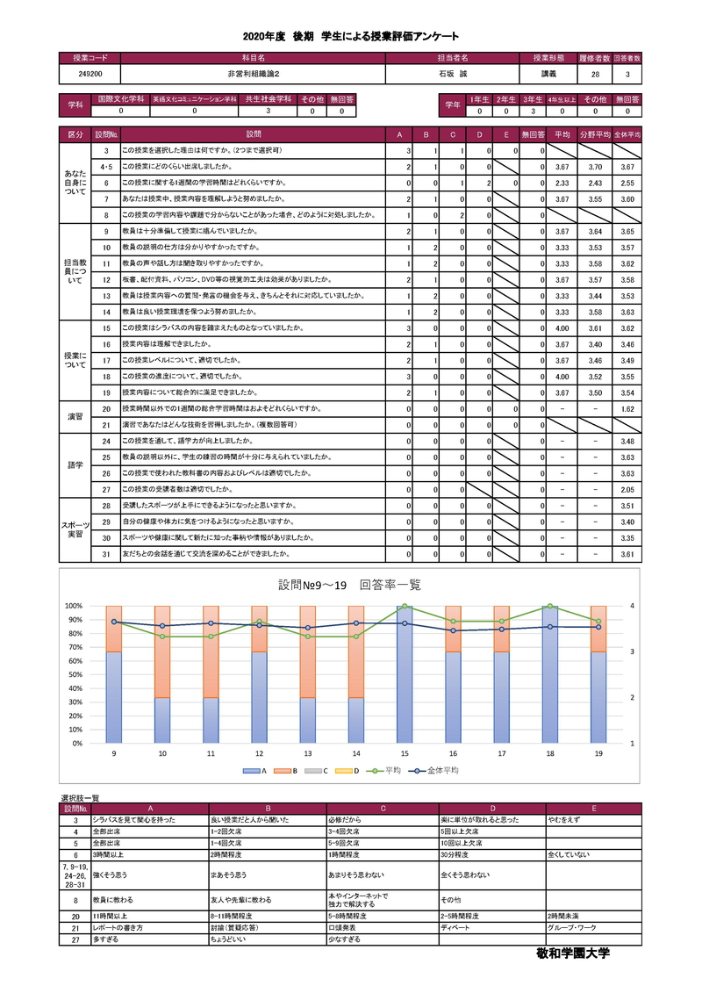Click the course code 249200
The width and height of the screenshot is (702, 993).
pos(90,75)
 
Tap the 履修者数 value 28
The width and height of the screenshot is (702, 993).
pos(595,75)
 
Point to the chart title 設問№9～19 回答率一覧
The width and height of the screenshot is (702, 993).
pos(349,584)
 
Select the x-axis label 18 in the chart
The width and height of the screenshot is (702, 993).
pos(550,752)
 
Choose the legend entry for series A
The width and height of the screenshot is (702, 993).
pos(257,770)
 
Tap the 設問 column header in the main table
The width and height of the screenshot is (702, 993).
pos(254,134)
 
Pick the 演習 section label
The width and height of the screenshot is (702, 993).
pos(75,416)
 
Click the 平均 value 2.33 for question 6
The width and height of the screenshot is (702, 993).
pos(562,183)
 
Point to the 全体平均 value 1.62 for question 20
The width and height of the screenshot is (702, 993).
pos(627,408)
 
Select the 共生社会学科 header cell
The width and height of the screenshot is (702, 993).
pos(269,100)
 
